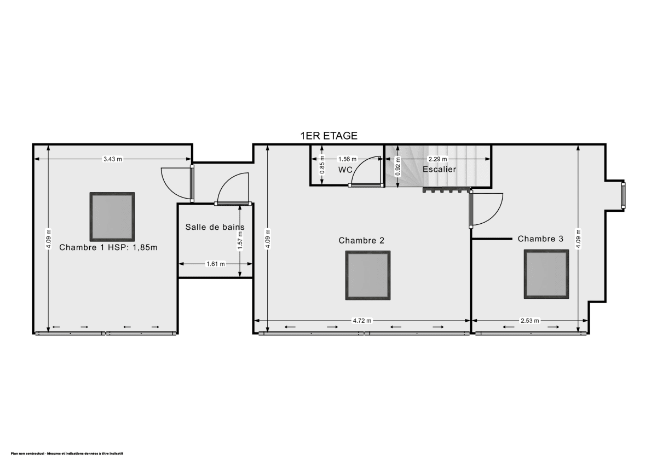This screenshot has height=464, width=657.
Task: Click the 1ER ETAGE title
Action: point(328,136)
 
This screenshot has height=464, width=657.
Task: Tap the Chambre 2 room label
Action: point(361,240)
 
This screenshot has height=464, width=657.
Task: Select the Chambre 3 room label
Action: point(540,239)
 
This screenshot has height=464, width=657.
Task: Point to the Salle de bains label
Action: point(215,227)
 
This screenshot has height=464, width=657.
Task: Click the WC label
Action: point(345,170)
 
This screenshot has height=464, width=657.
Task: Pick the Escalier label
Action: point(439,169)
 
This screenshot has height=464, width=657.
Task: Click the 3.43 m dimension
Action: point(112,159)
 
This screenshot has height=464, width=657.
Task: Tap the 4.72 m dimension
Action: point(361,321)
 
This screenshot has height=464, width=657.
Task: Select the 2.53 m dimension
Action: point(529,321)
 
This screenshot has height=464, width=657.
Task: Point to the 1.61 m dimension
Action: point(215,264)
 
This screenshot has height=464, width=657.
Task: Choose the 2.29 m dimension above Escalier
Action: point(437,159)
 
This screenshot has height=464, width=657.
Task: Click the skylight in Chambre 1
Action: point(112,216)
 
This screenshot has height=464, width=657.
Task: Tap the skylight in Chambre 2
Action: point(368,275)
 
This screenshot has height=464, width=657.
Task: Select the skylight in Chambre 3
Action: point(546,274)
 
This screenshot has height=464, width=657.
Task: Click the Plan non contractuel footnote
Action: point(67,454)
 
